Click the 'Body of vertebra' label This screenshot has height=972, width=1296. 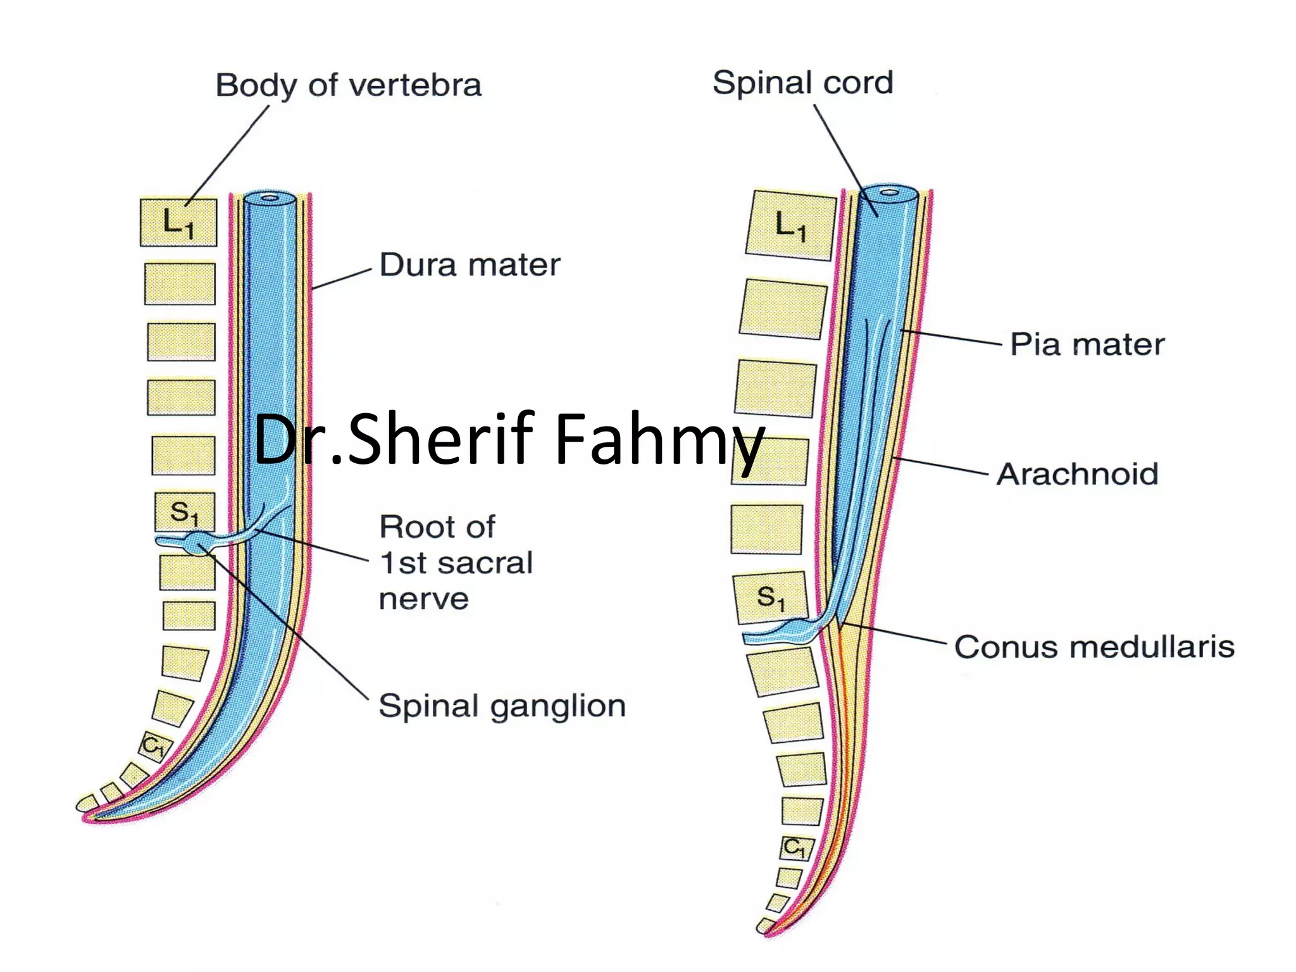tap(348, 85)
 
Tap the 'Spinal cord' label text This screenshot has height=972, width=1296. tap(802, 83)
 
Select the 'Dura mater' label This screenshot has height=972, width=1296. tap(470, 265)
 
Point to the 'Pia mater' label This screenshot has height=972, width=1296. tap(1087, 344)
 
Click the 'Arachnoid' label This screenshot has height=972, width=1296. tap(1077, 474)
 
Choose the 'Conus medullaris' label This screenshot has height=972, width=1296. tap(1094, 647)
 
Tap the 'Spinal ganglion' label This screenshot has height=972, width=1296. tap(502, 706)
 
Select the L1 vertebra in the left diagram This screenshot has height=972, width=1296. tap(178, 223)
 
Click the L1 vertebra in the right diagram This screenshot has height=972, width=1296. tap(790, 225)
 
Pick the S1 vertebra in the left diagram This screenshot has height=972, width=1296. tap(184, 512)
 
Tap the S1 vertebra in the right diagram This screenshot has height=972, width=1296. tap(770, 597)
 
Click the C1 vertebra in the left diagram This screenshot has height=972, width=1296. tap(154, 745)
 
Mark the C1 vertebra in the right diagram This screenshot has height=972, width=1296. tap(794, 847)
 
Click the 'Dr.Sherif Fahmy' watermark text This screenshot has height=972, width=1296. tap(509, 439)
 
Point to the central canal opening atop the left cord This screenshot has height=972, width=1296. tap(270, 198)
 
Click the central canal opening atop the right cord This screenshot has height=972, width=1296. tap(889, 190)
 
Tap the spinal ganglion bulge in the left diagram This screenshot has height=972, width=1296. tap(197, 542)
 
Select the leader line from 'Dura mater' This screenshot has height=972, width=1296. tap(342, 279)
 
